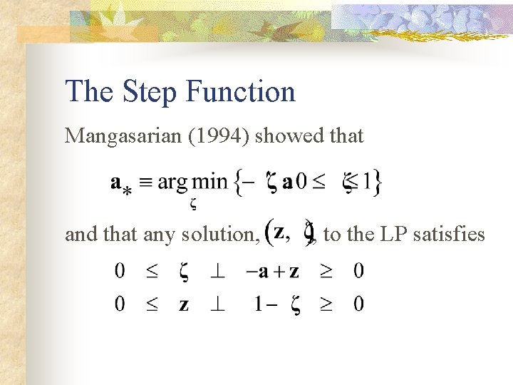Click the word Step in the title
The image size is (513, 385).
148,92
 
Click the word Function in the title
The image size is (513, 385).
240,92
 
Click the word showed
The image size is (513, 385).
285,135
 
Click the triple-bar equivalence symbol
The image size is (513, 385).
145,182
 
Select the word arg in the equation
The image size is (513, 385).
173,183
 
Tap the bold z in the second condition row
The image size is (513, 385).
184,305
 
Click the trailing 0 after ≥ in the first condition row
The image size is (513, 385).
358,271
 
